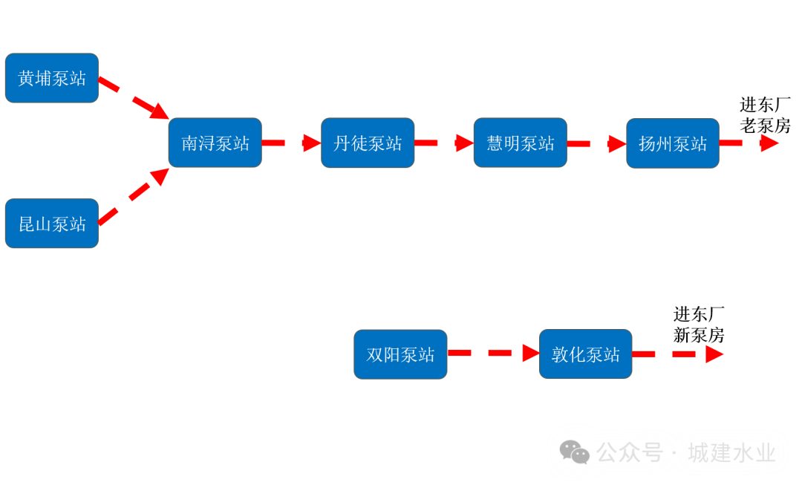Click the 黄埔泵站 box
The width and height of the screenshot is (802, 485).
click(x=52, y=78)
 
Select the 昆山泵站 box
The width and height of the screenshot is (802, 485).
click(x=52, y=224)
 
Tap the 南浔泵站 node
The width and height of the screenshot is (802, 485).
click(x=215, y=143)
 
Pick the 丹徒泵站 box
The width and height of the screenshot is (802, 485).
click(x=368, y=143)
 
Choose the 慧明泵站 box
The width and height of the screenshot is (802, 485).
click(x=521, y=143)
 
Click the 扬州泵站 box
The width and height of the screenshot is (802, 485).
click(x=673, y=143)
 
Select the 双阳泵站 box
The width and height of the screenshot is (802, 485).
click(x=400, y=354)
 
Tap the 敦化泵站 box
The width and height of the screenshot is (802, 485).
click(x=586, y=354)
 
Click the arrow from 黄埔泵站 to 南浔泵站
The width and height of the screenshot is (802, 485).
click(x=134, y=97)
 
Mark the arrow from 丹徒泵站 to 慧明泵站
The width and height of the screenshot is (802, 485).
click(x=444, y=143)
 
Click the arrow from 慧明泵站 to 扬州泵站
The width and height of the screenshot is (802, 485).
click(x=596, y=143)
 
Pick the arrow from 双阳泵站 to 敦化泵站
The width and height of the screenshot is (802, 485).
click(x=493, y=354)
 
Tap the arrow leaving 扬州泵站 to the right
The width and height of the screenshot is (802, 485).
click(x=749, y=143)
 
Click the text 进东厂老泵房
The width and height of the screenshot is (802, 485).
click(x=765, y=115)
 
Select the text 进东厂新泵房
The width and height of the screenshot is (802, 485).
click(x=699, y=325)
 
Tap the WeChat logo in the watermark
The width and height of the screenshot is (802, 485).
click(x=574, y=452)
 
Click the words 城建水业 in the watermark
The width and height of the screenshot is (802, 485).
click(x=731, y=452)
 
